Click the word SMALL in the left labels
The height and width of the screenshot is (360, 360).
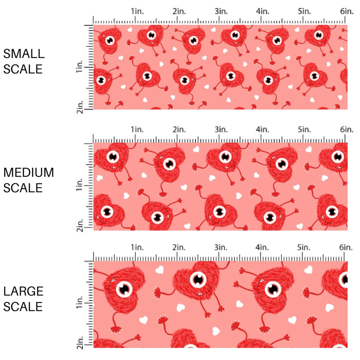click(x=24, y=54)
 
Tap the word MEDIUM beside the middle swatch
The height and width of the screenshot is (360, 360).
click(x=29, y=172)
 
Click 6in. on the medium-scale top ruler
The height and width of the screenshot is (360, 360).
click(x=347, y=129)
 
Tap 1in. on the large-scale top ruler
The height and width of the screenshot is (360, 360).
click(x=137, y=247)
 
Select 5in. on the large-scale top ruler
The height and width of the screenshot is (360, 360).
click(x=304, y=247)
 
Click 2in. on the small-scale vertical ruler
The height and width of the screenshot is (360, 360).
click(x=80, y=107)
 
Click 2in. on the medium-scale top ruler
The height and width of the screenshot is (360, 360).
click(x=179, y=129)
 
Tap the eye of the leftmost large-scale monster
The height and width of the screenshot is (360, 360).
click(x=124, y=289)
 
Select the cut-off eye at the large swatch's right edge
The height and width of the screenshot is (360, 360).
click(x=345, y=279)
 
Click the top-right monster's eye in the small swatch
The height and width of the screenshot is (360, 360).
click(x=318, y=35)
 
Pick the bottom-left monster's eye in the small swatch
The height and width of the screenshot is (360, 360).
click(x=101, y=79)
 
